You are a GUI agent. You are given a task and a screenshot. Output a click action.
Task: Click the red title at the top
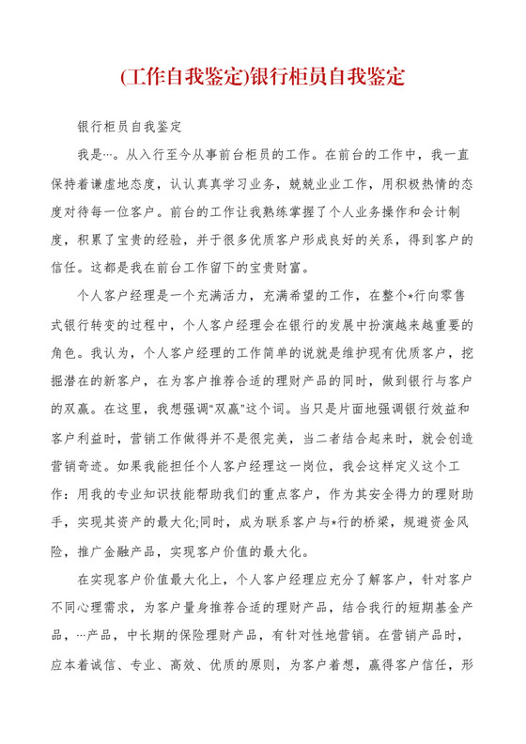click(x=263, y=75)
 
